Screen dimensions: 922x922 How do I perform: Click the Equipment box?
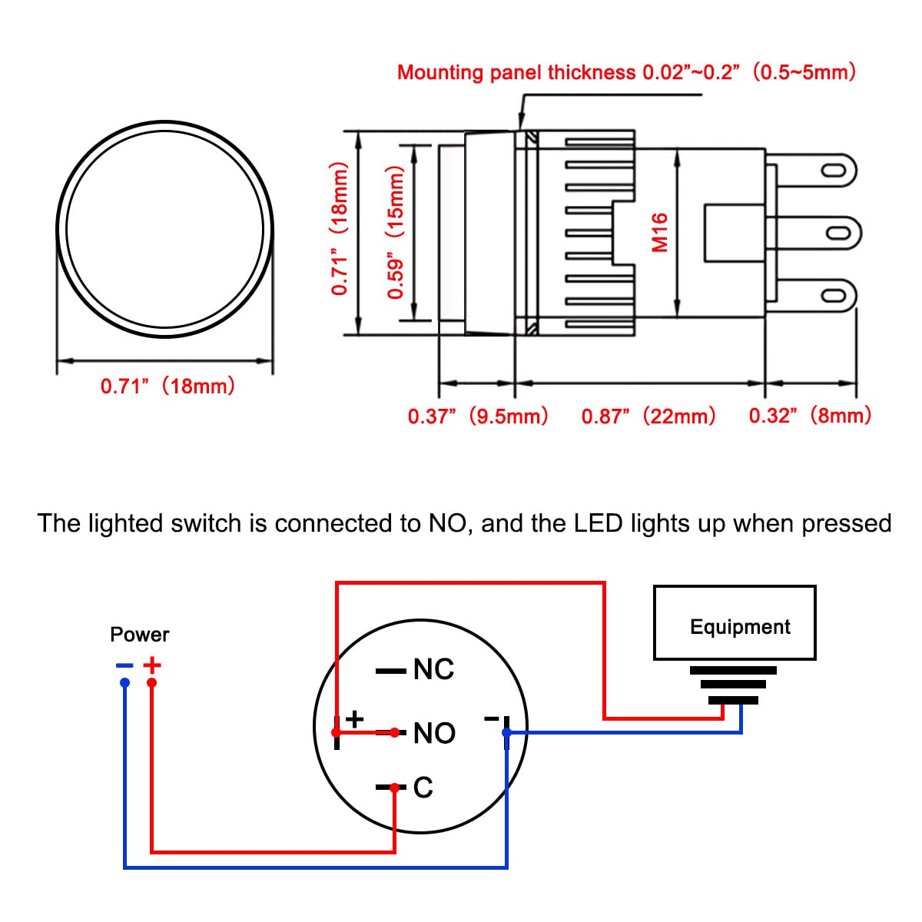[734, 623]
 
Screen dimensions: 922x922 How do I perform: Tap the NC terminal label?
[434, 669]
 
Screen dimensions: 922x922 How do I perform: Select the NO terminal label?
[434, 733]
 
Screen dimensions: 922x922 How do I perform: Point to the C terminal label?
[423, 788]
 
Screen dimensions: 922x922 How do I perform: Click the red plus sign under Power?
[152, 665]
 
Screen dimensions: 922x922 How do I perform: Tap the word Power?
[139, 635]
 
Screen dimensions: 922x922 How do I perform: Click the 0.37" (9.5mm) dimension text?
[478, 416]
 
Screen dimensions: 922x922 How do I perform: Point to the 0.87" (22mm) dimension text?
[648, 416]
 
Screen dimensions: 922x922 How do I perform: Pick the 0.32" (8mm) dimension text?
[811, 416]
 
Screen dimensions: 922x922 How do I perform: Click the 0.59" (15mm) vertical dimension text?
[396, 233]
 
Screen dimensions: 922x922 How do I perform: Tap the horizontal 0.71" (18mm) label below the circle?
[167, 386]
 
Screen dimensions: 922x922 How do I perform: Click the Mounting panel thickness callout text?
[626, 73]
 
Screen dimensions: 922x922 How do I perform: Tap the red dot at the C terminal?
[395, 788]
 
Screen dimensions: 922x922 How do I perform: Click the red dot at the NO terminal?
[395, 732]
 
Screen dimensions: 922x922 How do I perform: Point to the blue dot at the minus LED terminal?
[506, 733]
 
